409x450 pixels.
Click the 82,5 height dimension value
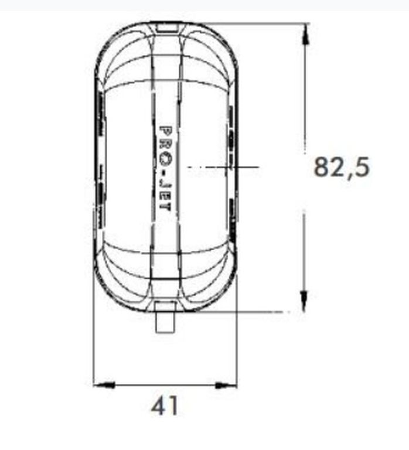tap(342, 168)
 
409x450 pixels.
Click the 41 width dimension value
tap(164, 406)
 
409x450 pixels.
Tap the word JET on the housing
tap(165, 198)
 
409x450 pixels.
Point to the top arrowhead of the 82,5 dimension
tap(305, 33)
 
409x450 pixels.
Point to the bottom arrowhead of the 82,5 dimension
tap(304, 301)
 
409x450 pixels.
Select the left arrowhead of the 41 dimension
tap(104, 385)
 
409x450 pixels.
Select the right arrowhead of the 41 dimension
tap(226, 386)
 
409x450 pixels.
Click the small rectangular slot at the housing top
tap(167, 28)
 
